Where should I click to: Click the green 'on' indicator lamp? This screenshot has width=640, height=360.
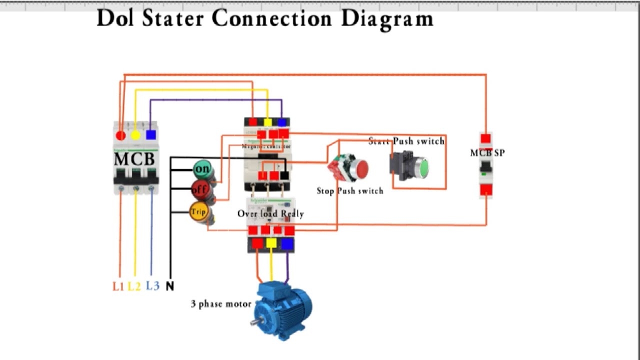tap(203, 169)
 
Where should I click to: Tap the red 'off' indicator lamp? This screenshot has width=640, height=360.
tap(200, 190)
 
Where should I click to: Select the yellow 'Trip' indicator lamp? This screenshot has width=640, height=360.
tap(198, 212)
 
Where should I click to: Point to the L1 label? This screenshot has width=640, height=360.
tap(118, 286)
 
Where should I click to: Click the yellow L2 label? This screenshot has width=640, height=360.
tap(134, 286)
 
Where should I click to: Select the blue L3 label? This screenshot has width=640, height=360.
tap(152, 286)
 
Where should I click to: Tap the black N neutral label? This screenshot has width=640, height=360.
tap(170, 286)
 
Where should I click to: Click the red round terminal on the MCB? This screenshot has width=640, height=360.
tap(120, 135)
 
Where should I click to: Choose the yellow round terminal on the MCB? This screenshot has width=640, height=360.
tap(135, 135)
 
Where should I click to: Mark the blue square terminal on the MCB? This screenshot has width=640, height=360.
tap(151, 135)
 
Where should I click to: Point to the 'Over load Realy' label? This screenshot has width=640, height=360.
tap(270, 213)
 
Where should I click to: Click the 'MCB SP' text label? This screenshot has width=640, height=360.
tap(487, 152)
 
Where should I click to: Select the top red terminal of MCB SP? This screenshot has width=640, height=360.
tap(485, 138)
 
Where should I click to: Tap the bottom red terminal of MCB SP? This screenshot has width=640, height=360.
tap(485, 190)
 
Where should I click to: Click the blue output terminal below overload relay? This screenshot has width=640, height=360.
tap(287, 243)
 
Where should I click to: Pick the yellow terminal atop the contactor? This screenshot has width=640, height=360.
tap(267, 122)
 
